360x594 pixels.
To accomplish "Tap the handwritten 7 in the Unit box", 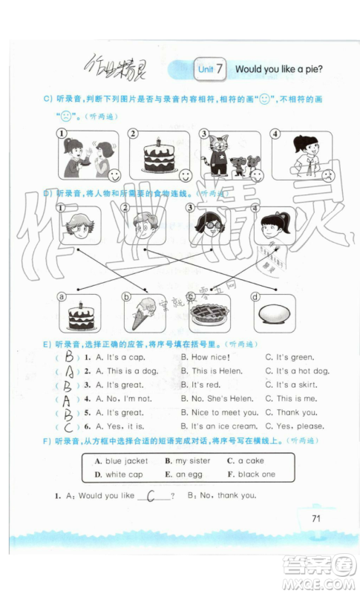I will (x=220, y=69).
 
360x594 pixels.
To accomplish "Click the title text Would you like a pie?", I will (x=284, y=69).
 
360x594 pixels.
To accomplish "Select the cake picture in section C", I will (x=157, y=155).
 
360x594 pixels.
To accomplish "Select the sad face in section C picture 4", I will (x=326, y=175).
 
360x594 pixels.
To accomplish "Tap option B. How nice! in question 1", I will (x=206, y=357).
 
